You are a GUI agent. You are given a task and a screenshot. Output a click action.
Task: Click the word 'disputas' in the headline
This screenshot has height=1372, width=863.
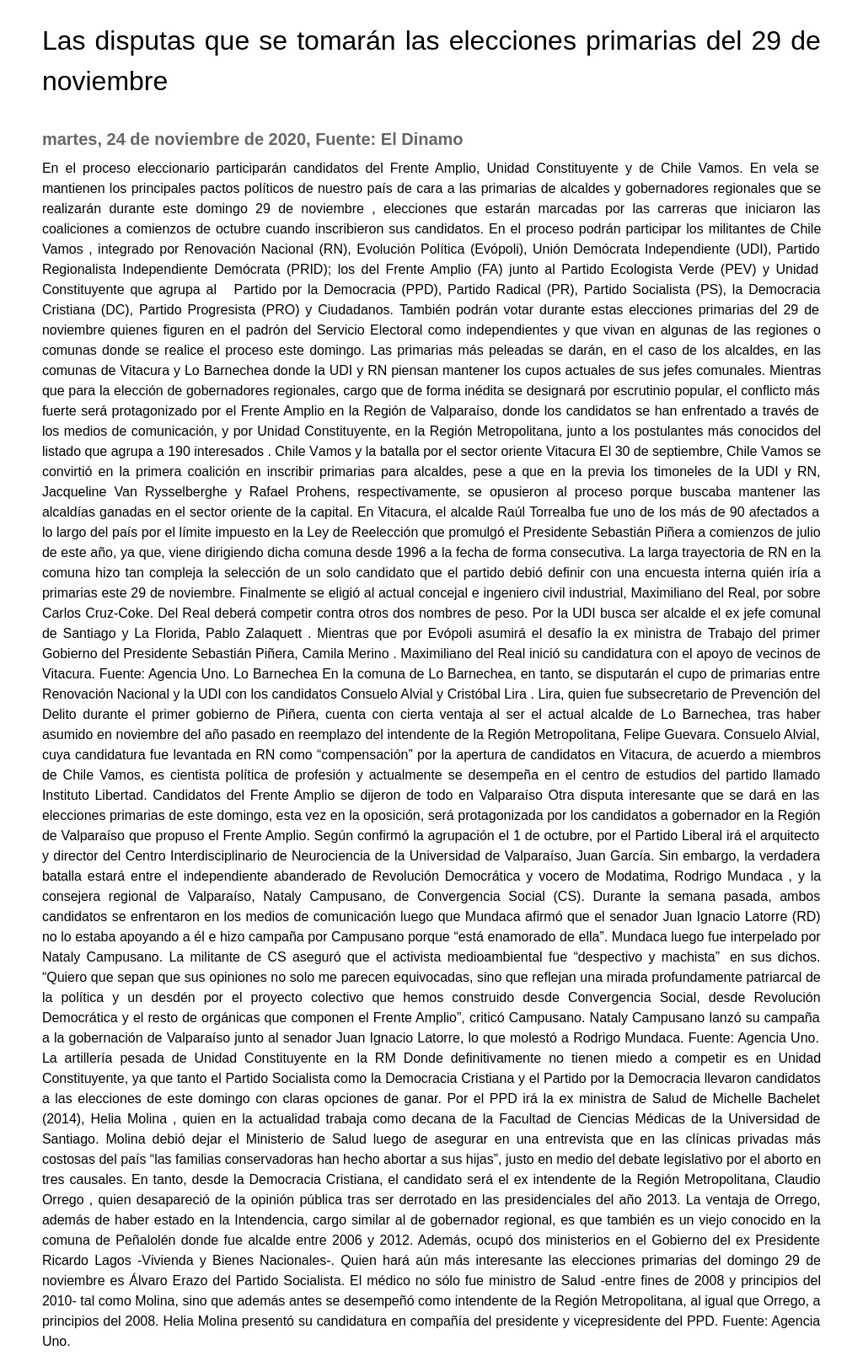point(144,40)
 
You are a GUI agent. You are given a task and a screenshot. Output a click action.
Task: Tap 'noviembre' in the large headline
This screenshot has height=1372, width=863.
point(105,81)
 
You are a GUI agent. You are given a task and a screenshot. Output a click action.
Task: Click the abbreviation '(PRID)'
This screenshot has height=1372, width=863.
point(308,269)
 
